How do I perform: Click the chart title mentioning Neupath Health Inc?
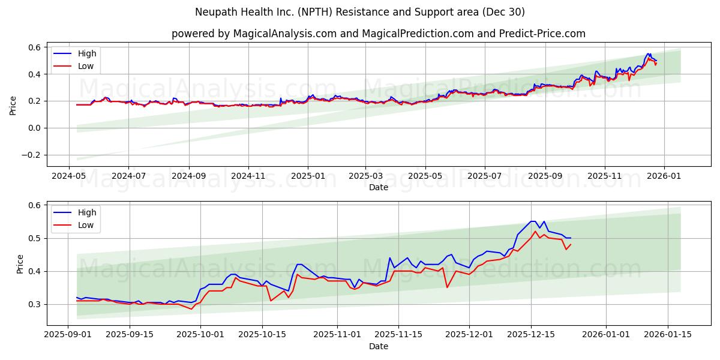tap(360, 12)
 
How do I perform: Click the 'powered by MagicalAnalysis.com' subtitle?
tap(378, 34)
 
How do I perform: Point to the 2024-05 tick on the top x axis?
tap(68, 176)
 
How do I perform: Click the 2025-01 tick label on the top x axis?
tap(307, 176)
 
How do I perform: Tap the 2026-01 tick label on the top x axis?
tap(664, 176)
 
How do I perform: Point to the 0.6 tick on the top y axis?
tap(34, 47)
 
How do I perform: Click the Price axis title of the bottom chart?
tap(20, 264)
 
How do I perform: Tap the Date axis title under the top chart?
tap(378, 187)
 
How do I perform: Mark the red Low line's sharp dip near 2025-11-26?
tap(446, 287)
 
